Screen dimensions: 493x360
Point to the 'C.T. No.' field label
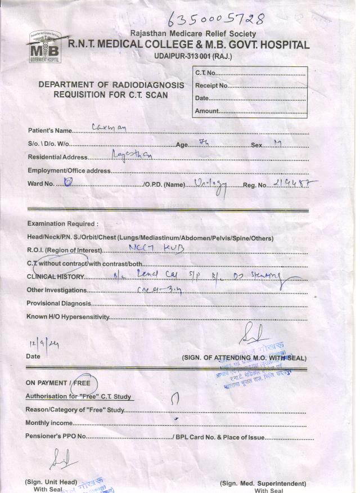pyautogui.click(x=205, y=73)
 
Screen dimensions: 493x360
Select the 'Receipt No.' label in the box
pyautogui.click(x=211, y=86)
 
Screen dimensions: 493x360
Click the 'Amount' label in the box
pyautogui.click(x=206, y=111)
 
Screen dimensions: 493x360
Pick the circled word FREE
pyautogui.click(x=82, y=383)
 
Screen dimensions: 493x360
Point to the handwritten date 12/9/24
pyautogui.click(x=39, y=344)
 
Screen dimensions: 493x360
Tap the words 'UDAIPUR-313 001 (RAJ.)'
pyautogui.click(x=192, y=56)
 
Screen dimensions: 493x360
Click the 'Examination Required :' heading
pyautogui.click(x=62, y=224)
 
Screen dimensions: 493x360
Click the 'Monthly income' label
pyautogui.click(x=49, y=423)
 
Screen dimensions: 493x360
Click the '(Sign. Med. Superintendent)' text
pyautogui.click(x=263, y=483)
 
